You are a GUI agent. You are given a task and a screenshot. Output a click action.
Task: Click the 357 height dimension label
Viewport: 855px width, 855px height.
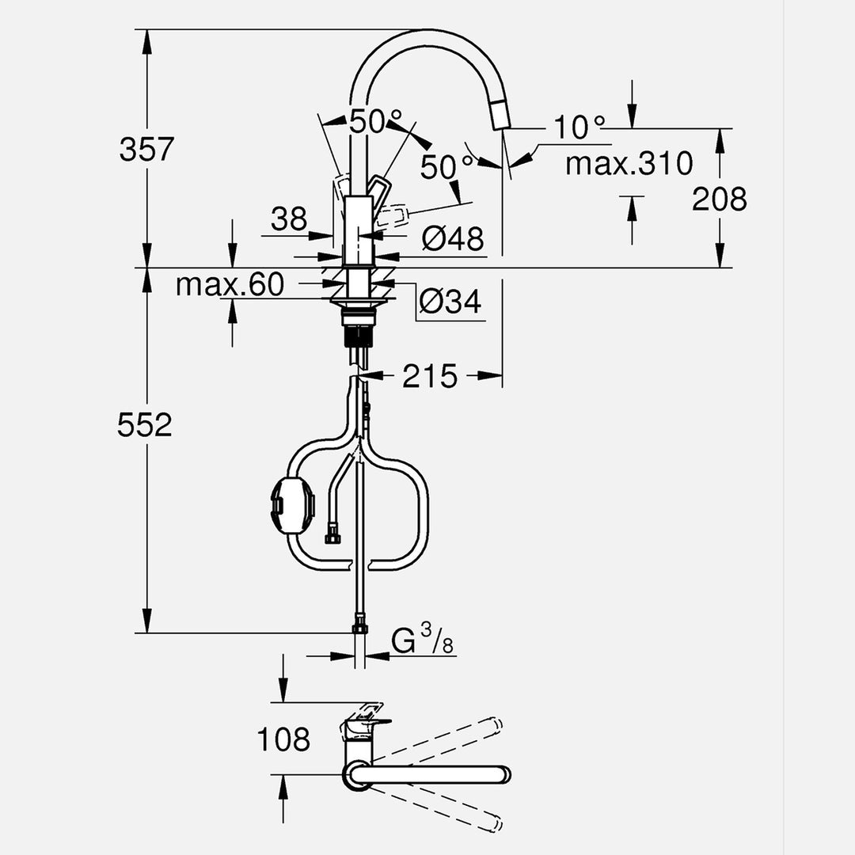click(146, 149)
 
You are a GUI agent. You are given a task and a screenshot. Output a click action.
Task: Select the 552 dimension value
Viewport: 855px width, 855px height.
click(145, 425)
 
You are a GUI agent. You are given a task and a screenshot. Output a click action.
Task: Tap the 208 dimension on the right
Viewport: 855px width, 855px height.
click(719, 199)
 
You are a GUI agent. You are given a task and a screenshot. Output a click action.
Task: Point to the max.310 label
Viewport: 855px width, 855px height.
click(629, 164)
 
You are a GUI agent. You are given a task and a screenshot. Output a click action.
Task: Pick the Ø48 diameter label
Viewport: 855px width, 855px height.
click(452, 238)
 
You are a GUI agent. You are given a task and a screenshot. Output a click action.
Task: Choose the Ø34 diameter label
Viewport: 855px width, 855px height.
click(450, 302)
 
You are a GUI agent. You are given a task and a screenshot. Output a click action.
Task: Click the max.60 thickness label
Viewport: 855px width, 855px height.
click(230, 284)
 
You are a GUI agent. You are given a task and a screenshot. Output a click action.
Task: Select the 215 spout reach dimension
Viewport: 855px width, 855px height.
click(430, 377)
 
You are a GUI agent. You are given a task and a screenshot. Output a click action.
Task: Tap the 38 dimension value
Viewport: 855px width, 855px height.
click(288, 219)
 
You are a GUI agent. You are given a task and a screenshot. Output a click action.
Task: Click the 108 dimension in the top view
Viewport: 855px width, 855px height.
click(283, 739)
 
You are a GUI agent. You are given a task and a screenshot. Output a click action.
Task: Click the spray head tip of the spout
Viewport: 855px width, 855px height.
click(501, 119)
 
